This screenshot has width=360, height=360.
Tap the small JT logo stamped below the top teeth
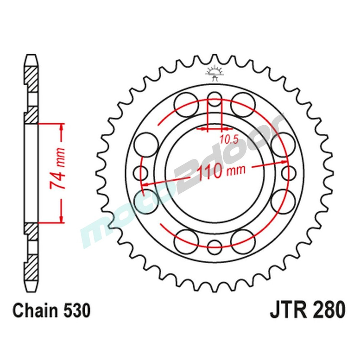(215, 72)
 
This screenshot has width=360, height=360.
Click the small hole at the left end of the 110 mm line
(140, 172)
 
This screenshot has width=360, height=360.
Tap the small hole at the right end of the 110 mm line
(289, 172)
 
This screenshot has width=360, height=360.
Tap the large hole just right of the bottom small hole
(243, 240)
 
